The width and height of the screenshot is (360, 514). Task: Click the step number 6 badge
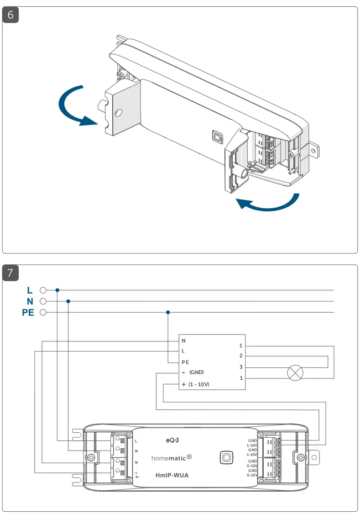pyautogui.click(x=11, y=15)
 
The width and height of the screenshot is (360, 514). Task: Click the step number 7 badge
pyautogui.click(x=11, y=273)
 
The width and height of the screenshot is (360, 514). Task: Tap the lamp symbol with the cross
pyautogui.click(x=295, y=373)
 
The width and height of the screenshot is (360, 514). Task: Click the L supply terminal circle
pyautogui.click(x=43, y=290)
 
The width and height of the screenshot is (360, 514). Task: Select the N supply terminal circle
pyautogui.click(x=43, y=301)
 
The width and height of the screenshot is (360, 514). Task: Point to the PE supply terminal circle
pyautogui.click(x=43, y=313)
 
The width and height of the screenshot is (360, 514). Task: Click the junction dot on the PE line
pyautogui.click(x=168, y=313)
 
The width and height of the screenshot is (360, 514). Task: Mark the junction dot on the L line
pyautogui.click(x=57, y=290)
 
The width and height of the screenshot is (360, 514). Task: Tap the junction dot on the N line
pyautogui.click(x=68, y=301)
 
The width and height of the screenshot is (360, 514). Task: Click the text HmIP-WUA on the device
pyautogui.click(x=172, y=475)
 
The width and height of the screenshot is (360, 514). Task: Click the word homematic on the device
pyautogui.click(x=169, y=457)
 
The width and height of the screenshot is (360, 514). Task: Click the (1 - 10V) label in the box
pyautogui.click(x=198, y=385)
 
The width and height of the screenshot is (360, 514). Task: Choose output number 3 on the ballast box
pyautogui.click(x=241, y=367)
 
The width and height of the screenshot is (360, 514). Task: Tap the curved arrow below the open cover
pyautogui.click(x=269, y=205)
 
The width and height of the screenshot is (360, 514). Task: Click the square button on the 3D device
pyautogui.click(x=217, y=136)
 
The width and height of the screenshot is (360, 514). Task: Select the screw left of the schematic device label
pyautogui.click(x=92, y=457)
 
